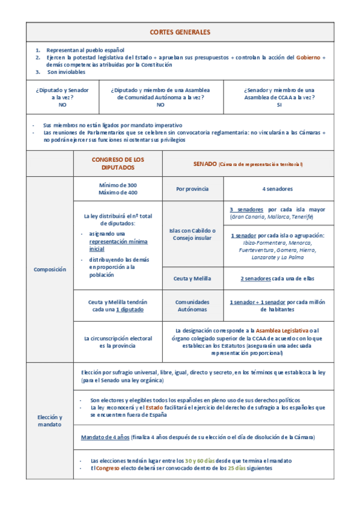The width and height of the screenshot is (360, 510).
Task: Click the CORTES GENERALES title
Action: [x=180, y=31]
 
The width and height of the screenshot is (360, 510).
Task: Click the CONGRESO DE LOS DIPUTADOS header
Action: [x=118, y=163]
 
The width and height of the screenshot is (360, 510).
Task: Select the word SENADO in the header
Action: [x=204, y=163]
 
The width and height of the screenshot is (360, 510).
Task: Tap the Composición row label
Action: [x=49, y=269]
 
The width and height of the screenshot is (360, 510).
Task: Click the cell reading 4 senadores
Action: [x=277, y=189]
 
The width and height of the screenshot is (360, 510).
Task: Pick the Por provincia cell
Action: [x=192, y=189]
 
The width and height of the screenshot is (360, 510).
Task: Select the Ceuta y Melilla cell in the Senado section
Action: [x=192, y=278]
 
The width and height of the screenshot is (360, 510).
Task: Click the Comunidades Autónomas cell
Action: [x=192, y=306]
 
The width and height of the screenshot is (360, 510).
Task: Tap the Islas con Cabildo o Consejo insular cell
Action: [x=192, y=233]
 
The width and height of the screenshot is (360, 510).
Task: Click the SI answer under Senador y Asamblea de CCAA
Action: [x=279, y=104]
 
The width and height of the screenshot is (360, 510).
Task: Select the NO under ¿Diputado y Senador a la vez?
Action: [x=62, y=104]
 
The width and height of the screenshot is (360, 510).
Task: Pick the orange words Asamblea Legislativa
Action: [x=282, y=330]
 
